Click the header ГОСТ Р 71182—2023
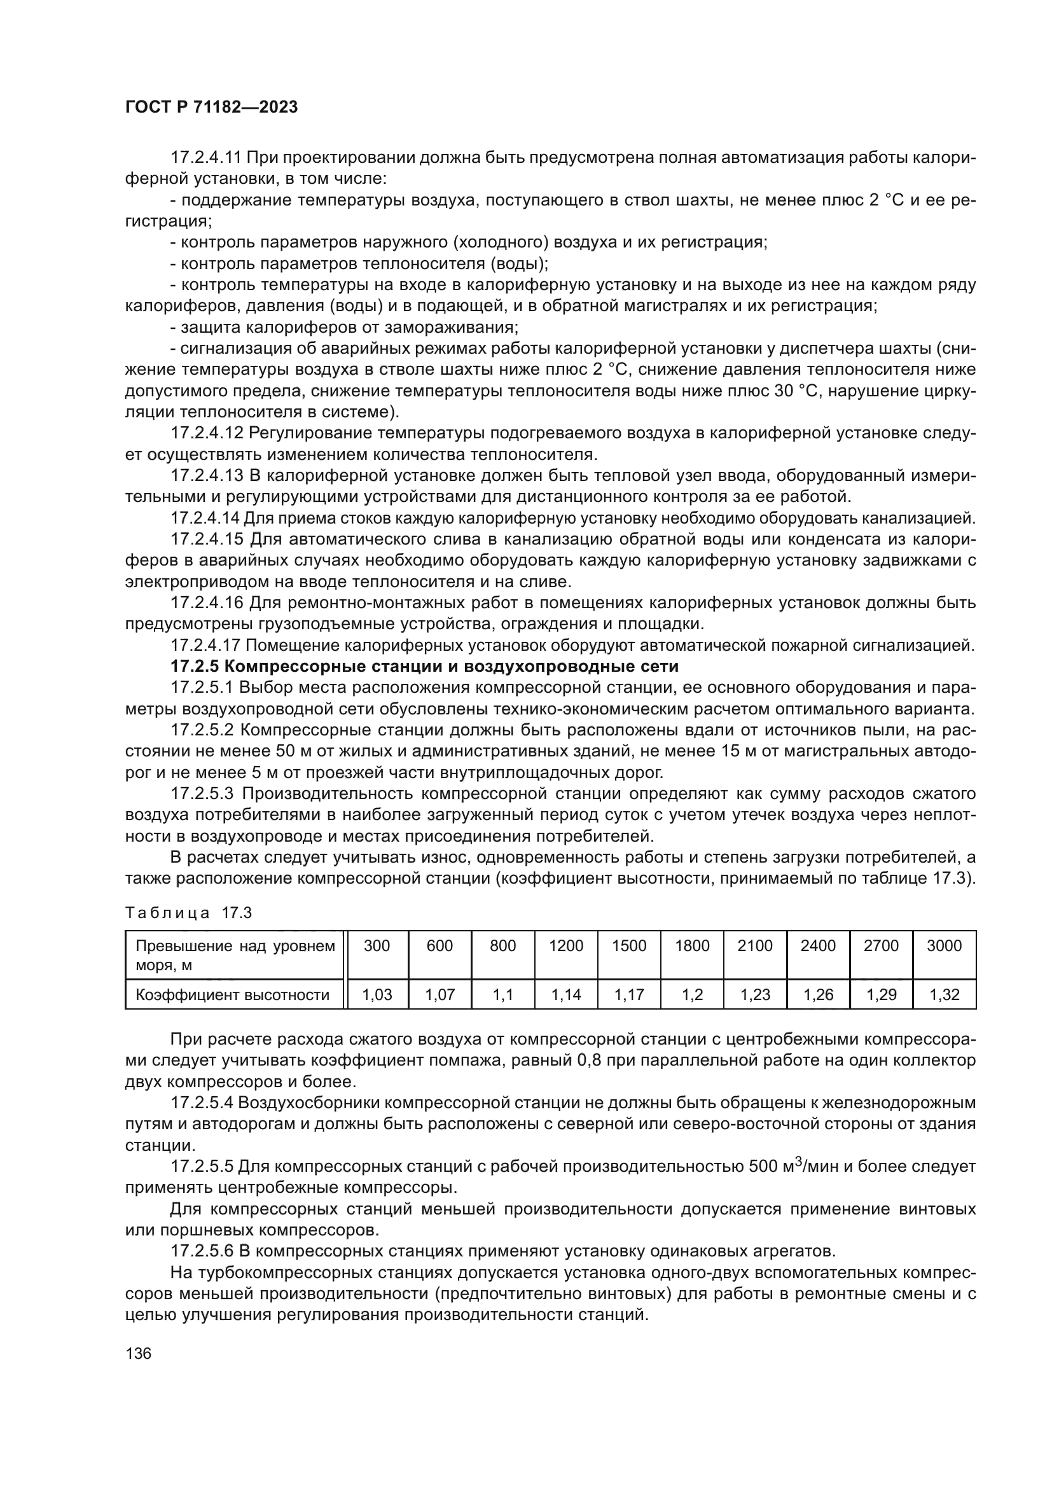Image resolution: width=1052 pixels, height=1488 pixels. [x=211, y=108]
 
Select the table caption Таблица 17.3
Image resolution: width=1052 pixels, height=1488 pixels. [x=188, y=913]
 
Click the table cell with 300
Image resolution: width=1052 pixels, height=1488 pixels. [x=377, y=945]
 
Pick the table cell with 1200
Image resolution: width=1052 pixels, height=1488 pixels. [x=565, y=945]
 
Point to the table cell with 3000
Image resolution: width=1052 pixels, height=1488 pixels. [x=944, y=945]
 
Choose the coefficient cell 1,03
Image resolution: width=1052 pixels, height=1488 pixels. [x=377, y=994]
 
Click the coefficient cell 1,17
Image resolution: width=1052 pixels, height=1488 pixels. [x=629, y=994]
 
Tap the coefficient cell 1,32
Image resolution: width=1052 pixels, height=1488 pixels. [x=944, y=994]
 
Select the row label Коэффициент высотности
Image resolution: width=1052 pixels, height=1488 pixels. [x=233, y=995]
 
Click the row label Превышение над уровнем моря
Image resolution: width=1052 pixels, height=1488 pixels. [x=235, y=956]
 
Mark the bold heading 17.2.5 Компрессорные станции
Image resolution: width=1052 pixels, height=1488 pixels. [x=424, y=666]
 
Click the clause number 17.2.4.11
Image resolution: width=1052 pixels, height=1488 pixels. [x=205, y=158]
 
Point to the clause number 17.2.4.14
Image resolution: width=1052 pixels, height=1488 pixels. [x=205, y=518]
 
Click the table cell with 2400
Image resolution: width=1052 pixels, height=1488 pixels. [x=817, y=945]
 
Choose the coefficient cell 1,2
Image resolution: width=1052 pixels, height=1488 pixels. [x=692, y=994]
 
